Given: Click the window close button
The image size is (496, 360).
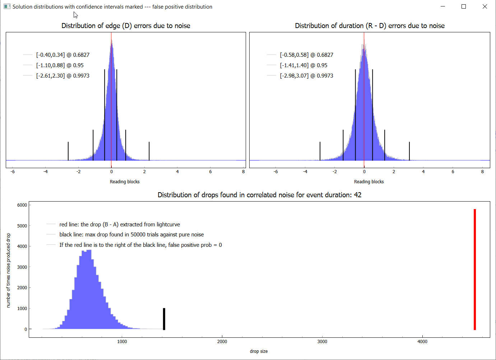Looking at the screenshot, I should point(485,6).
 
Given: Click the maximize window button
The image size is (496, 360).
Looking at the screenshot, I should point(464,6).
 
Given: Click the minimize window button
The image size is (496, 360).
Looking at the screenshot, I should point(443,6).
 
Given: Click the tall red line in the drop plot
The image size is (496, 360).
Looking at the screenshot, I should point(475,269).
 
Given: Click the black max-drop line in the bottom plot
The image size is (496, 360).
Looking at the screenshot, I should point(164,319).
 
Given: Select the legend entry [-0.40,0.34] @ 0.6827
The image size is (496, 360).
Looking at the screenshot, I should point(62,55).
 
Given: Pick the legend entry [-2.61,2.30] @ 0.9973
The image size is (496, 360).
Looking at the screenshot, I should point(62,76).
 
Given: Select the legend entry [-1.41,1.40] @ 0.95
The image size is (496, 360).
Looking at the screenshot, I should point(303,65).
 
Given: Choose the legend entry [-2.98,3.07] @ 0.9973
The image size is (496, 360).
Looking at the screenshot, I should point(306,76).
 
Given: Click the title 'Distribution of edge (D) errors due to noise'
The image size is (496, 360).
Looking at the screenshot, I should point(126,26).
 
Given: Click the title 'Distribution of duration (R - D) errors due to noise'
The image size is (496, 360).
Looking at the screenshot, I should point(370,26).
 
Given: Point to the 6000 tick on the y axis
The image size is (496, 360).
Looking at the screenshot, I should point(22,205).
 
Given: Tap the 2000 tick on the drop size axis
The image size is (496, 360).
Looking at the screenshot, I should point(222,342).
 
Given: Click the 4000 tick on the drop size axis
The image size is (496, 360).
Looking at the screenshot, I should point(422,342).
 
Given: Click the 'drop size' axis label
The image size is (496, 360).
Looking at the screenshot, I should point(259,351).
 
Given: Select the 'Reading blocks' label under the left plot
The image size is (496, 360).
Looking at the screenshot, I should point(125,182).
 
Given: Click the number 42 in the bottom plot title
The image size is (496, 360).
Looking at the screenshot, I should point(358,195).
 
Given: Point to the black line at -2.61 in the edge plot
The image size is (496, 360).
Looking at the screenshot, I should point(68,151).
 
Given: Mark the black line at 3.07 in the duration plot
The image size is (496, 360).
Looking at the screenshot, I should point(409,151).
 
